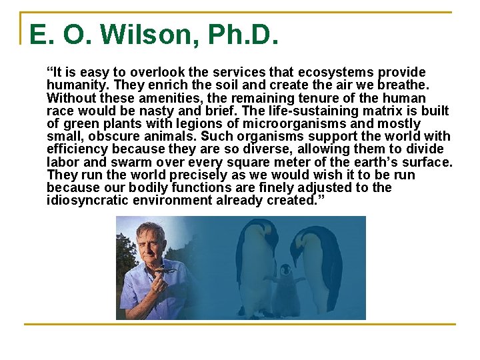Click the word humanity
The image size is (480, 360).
pos(75,85)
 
